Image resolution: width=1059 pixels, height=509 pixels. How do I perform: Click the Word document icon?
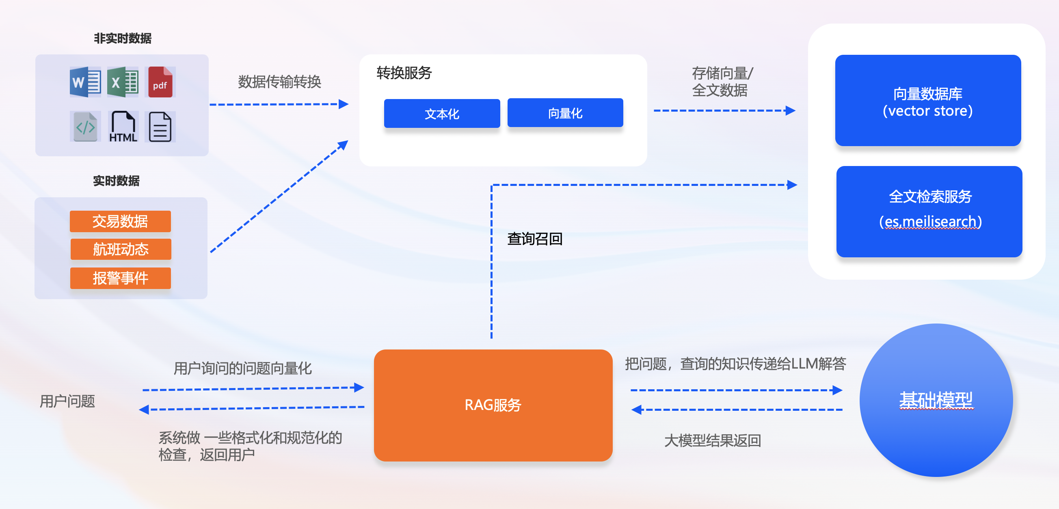pos(85,82)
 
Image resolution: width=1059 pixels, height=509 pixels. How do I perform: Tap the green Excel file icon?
pos(123,82)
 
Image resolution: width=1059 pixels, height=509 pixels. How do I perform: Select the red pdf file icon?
pos(160,82)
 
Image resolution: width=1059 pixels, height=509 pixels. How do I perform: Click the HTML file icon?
pos(123,127)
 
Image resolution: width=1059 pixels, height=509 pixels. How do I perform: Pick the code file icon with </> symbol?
pos(85,127)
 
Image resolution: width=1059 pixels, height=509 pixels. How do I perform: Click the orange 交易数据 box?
pos(120,222)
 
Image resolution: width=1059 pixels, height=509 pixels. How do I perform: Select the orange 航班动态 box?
pos(121,249)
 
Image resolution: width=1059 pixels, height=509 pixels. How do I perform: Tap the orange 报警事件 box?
pos(120,278)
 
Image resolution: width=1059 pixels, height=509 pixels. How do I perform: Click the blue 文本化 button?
pos(442,113)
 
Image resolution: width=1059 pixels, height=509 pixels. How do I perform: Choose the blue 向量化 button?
pos(565,113)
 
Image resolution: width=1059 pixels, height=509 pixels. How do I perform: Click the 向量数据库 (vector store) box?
pos(928,101)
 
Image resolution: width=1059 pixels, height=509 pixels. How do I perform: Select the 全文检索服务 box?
pos(929,211)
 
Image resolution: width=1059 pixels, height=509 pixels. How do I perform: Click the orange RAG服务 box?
pos(493,405)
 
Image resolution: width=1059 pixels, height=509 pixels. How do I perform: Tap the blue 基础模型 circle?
pos(936,400)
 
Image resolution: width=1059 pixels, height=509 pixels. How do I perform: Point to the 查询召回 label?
pos(534,239)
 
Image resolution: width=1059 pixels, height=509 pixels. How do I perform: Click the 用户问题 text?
pos(67,401)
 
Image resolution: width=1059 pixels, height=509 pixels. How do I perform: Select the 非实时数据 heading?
pos(123,38)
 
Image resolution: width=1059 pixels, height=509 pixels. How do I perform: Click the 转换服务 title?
pos(404,73)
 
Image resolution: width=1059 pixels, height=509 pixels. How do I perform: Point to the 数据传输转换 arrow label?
pos(279,82)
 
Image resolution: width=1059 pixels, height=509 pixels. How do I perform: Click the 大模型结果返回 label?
pos(713,440)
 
